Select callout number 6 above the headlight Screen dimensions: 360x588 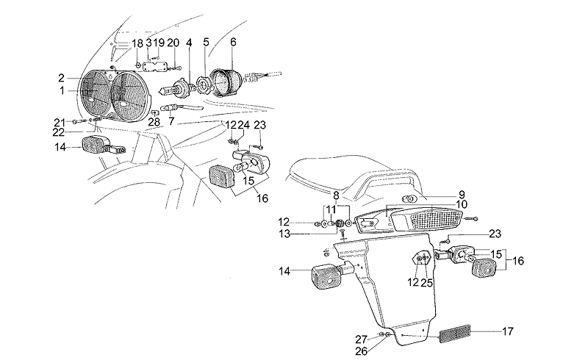tap(233, 43)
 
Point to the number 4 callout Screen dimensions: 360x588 tap(189, 43)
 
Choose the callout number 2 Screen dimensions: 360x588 tap(62, 77)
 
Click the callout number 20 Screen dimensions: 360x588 tap(173, 43)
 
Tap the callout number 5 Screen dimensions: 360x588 tap(207, 43)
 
